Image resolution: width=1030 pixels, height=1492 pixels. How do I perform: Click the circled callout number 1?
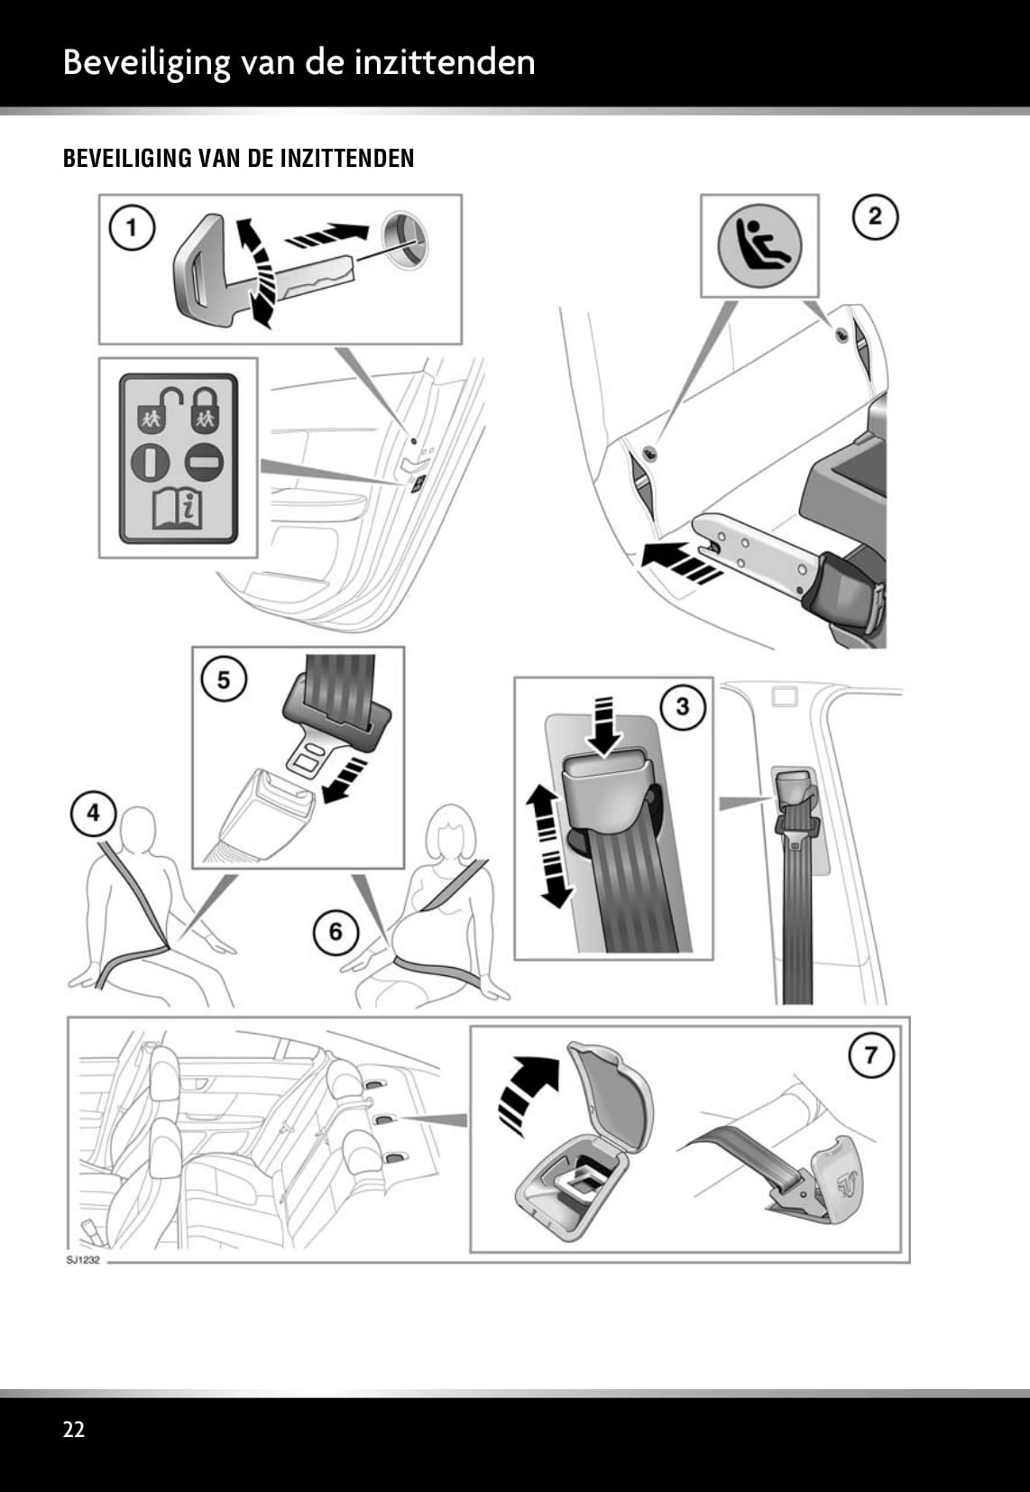coord(132,227)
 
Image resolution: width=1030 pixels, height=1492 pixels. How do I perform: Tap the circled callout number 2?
coord(874,216)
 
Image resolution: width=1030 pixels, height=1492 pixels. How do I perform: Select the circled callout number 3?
coord(682,706)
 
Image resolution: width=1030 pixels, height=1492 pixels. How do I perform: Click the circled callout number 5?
coord(224,678)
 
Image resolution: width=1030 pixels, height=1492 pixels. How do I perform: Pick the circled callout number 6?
coord(336,930)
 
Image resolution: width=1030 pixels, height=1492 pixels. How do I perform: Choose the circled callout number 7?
coord(870,1055)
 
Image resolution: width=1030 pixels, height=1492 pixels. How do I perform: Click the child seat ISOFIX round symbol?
coord(759,245)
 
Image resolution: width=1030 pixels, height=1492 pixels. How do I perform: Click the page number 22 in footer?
coord(74,1429)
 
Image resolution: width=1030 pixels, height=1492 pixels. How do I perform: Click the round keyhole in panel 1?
coord(405,239)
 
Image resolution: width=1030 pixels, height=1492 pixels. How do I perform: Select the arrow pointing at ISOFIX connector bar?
coord(678,566)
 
